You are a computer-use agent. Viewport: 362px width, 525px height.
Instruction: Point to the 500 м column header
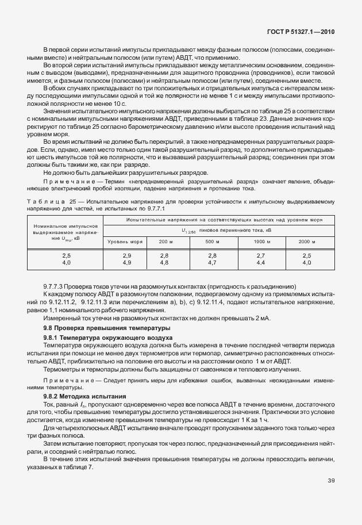click(x=213, y=241)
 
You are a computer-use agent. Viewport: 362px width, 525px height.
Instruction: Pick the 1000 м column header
click(x=261, y=241)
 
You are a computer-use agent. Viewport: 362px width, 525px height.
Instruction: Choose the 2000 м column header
click(x=307, y=241)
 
